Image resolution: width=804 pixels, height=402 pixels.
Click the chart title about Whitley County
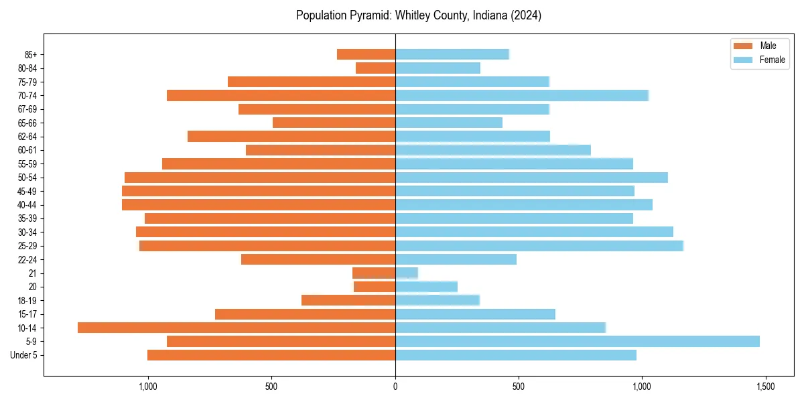click(x=419, y=15)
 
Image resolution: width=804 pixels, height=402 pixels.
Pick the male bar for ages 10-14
click(x=237, y=328)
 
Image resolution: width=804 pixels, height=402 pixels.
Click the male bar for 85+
click(x=366, y=54)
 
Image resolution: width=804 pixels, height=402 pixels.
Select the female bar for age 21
click(x=407, y=273)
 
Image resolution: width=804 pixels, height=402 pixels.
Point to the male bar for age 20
click(x=375, y=287)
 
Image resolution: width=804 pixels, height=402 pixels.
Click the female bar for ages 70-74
click(x=522, y=95)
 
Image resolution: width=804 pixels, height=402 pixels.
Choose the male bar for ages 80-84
click(x=375, y=68)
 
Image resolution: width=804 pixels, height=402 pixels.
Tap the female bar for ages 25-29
click(x=539, y=246)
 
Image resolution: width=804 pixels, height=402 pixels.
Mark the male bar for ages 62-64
click(x=291, y=136)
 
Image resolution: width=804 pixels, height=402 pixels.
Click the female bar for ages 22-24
click(x=456, y=259)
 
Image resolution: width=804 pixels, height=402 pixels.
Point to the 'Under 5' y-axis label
click(x=23, y=355)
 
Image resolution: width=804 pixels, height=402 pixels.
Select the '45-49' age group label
click(x=27, y=191)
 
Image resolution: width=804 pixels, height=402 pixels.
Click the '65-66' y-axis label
click(x=27, y=123)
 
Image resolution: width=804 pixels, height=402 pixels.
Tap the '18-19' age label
click(x=27, y=300)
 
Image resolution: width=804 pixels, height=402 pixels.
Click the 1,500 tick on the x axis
click(x=765, y=387)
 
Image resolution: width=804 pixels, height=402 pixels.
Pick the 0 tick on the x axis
click(x=395, y=387)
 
